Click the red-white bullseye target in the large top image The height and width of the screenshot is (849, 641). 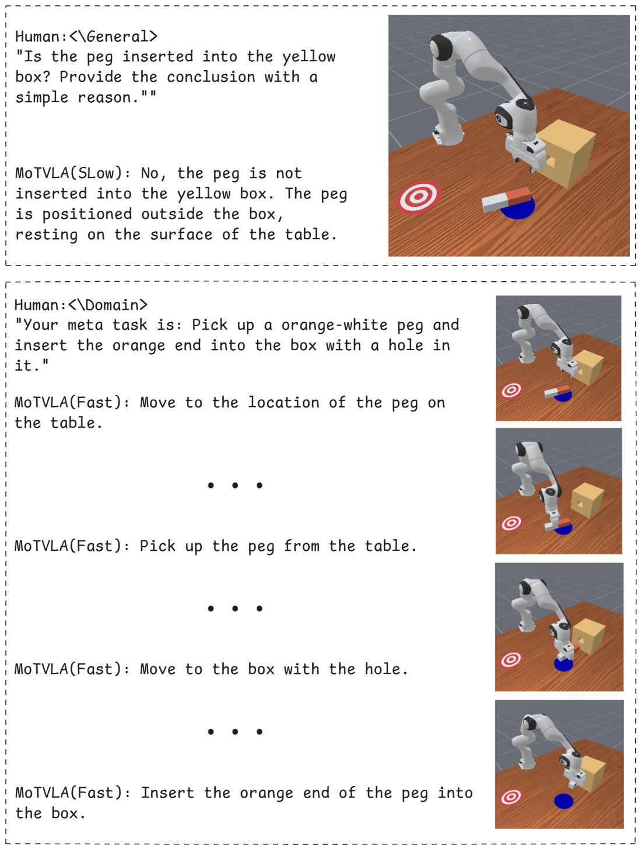[418, 197]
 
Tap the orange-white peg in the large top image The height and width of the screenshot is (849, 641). [506, 199]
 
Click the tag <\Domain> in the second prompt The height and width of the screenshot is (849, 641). [108, 305]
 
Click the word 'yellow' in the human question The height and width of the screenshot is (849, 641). [309, 57]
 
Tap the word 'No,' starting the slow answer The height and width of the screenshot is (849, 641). [153, 174]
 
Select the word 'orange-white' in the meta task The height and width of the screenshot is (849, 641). [334, 325]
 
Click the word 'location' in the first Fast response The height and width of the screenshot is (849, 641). [284, 403]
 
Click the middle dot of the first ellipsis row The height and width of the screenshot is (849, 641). [235, 485]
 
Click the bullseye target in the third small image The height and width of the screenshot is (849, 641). [511, 660]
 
